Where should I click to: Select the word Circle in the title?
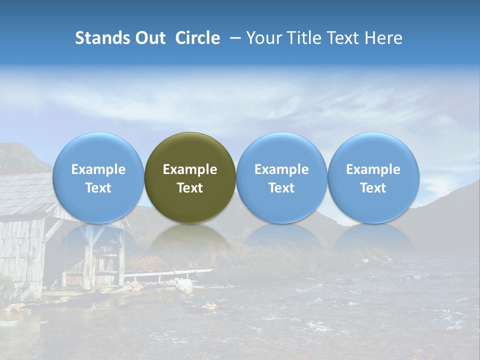coord(197,38)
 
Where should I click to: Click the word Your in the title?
coord(262,38)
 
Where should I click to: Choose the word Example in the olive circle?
coord(190,169)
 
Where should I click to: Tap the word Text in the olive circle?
coord(190,188)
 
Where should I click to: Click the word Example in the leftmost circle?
coord(98,169)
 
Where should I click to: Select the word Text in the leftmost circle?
coord(98,188)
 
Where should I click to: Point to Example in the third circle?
coord(281,169)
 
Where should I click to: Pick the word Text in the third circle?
coord(281,188)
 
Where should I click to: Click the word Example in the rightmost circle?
coord(373,169)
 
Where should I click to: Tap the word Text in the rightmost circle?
coord(373,188)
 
